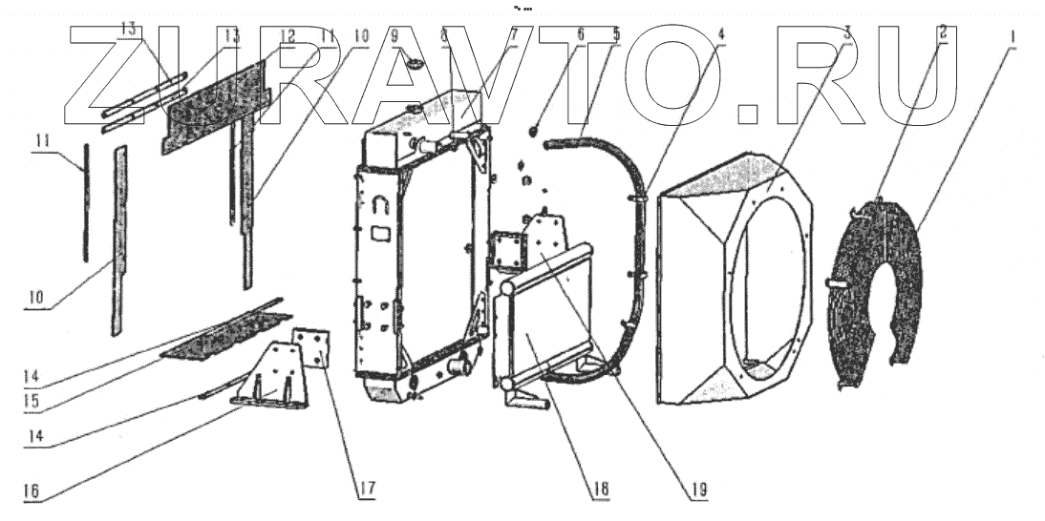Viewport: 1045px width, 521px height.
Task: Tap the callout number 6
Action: (580, 32)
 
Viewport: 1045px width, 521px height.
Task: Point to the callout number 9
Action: (395, 32)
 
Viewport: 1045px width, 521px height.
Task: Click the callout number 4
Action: (721, 32)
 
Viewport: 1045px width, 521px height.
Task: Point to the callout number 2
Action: (943, 31)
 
